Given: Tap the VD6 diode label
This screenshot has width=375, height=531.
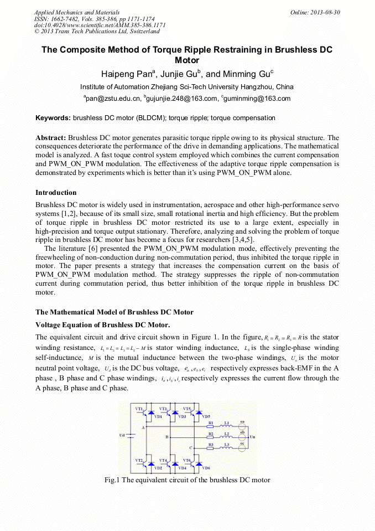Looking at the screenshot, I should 205,468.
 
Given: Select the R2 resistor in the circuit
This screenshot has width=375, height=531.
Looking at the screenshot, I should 211,434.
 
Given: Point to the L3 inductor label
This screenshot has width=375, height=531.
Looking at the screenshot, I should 227,445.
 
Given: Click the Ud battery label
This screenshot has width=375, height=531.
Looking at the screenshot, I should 122,435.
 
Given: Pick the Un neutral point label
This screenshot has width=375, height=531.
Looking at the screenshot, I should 253,436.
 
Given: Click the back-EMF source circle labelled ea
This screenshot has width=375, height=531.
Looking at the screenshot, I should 242,427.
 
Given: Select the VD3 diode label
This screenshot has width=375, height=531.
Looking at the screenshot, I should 182,416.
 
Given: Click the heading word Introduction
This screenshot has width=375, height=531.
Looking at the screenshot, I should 56,193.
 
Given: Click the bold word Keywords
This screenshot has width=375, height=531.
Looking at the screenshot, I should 53,118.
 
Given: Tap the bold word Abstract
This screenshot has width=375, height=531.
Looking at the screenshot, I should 51,137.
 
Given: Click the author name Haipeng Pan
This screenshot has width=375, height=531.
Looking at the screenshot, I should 127,74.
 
